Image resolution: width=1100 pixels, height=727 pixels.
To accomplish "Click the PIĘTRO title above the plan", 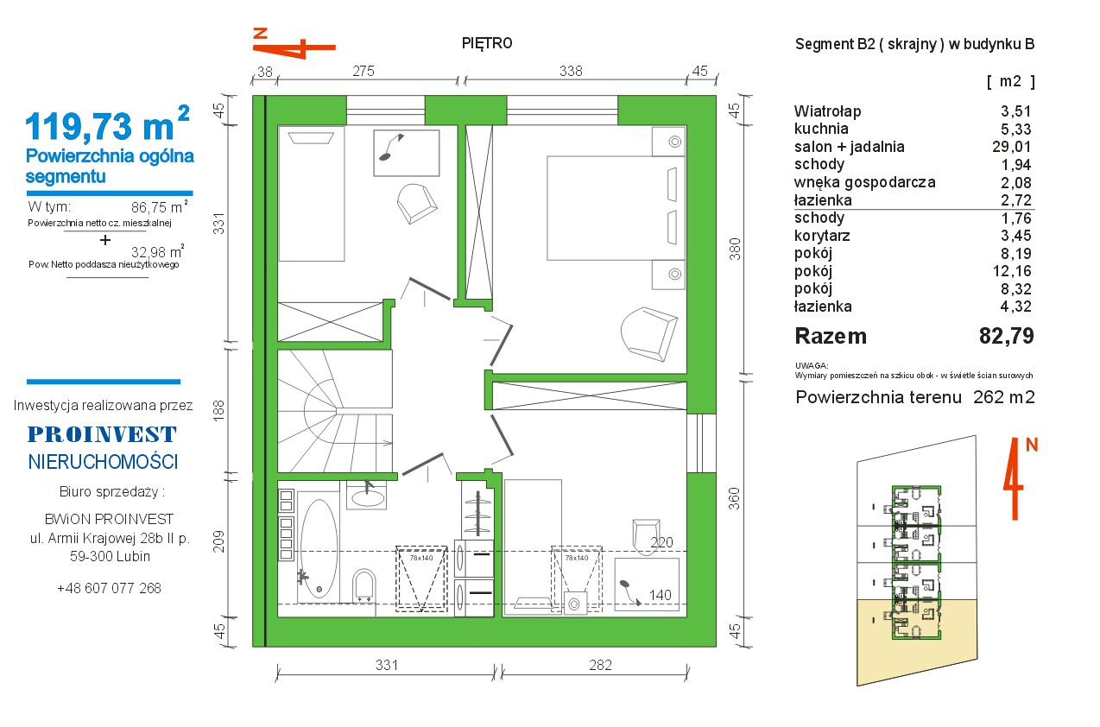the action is [487, 44].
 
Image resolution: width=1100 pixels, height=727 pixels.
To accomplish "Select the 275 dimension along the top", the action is [364, 71].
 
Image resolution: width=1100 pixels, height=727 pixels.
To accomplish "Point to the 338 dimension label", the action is [571, 71].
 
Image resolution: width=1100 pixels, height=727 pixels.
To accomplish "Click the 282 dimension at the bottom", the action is [600, 665].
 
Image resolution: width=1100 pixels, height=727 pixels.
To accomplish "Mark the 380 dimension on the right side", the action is [734, 249].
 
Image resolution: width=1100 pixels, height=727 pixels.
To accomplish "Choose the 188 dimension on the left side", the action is [218, 410].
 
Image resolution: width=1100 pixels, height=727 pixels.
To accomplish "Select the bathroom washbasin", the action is [366, 495].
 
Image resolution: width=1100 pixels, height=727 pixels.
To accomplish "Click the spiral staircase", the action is [335, 411].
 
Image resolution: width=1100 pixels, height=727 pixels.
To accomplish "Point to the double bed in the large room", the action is [616, 208].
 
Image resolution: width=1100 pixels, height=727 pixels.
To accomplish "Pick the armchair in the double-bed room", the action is [648, 333].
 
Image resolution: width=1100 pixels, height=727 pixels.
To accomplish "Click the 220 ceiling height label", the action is [661, 542].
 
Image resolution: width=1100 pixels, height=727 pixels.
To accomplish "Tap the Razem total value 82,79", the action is [1006, 336].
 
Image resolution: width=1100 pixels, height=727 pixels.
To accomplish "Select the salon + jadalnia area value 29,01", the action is [1012, 147].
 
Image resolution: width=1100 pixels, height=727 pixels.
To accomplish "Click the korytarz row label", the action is [822, 236].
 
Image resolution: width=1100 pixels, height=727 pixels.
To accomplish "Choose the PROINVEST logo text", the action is [102, 434].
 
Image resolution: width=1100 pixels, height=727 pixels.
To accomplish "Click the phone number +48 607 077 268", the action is [109, 588].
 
